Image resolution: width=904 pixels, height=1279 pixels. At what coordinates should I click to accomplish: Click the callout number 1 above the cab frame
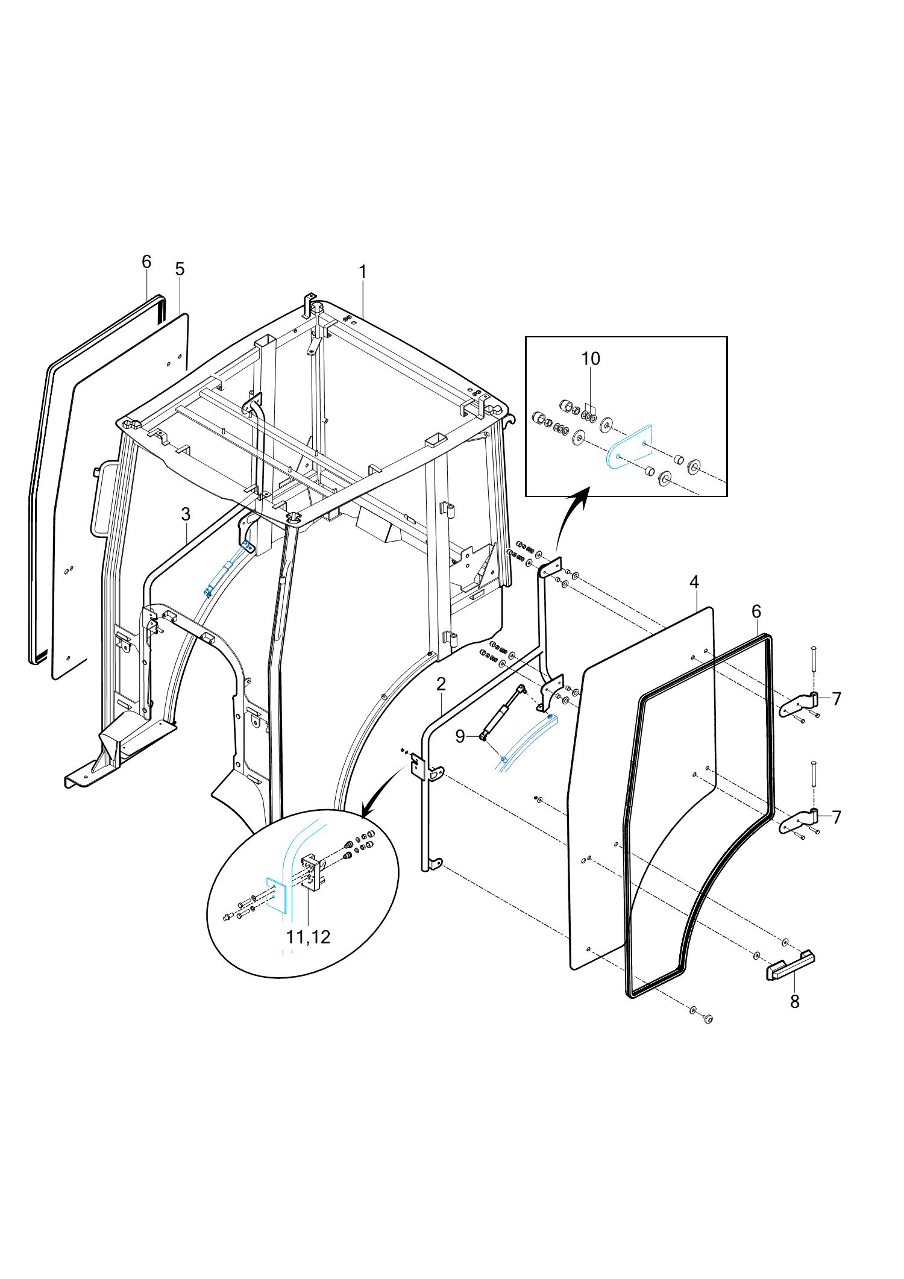pyautogui.click(x=363, y=272)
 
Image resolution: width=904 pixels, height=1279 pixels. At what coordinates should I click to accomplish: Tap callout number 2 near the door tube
pyautogui.click(x=441, y=684)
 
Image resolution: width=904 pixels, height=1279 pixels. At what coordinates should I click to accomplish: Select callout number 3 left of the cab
pyautogui.click(x=186, y=514)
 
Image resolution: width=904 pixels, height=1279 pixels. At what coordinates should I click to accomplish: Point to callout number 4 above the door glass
pyautogui.click(x=694, y=582)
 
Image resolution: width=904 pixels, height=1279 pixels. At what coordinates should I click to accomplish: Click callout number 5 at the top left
pyautogui.click(x=180, y=269)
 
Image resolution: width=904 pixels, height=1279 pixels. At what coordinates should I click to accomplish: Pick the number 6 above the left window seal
pyautogui.click(x=146, y=261)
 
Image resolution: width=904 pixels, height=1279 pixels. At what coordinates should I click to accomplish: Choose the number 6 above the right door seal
pyautogui.click(x=756, y=611)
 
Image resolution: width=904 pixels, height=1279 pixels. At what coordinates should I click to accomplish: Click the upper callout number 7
pyautogui.click(x=837, y=699)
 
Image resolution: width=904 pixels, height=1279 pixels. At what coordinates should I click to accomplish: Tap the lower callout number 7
pyautogui.click(x=837, y=817)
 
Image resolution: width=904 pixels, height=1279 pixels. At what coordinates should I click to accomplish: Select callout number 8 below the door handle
pyautogui.click(x=795, y=1001)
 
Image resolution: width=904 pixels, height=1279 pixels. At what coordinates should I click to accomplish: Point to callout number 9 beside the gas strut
pyautogui.click(x=460, y=736)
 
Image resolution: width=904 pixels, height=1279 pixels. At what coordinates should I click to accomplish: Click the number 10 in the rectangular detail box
pyautogui.click(x=591, y=358)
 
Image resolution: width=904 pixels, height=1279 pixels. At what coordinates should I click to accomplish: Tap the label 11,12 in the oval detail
pyautogui.click(x=308, y=937)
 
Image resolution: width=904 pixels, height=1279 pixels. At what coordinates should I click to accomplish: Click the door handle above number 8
pyautogui.click(x=790, y=965)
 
